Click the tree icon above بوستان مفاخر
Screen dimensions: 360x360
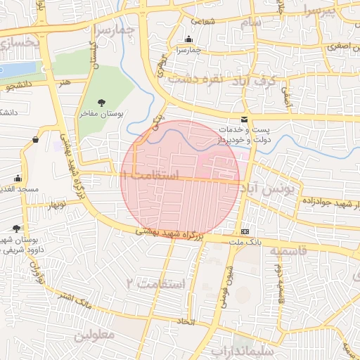point(101,103)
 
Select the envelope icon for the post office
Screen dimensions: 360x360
point(244,120)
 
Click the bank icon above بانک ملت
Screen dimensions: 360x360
point(245,231)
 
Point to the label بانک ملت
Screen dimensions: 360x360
point(243,241)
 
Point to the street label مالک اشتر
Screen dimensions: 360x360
point(76,304)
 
